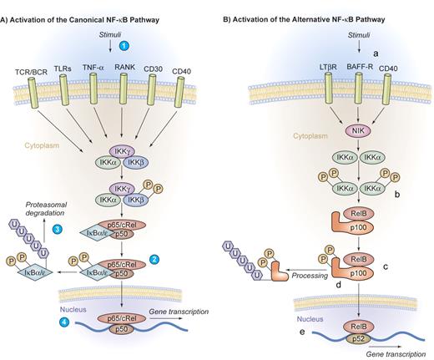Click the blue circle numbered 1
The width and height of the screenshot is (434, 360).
(124, 42)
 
